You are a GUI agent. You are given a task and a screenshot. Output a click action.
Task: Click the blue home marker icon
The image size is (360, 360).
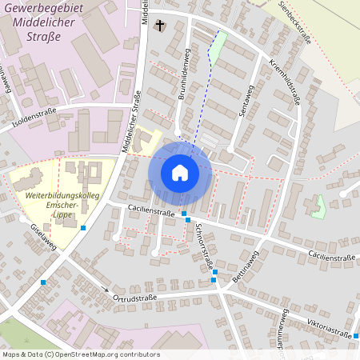point(180,172)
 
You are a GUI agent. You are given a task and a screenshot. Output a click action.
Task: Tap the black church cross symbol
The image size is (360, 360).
point(159,25)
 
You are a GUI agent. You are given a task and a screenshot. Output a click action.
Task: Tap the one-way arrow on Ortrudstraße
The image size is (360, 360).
point(105,289)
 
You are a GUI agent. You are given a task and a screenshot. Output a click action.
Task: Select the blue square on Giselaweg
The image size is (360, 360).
point(83,227)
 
